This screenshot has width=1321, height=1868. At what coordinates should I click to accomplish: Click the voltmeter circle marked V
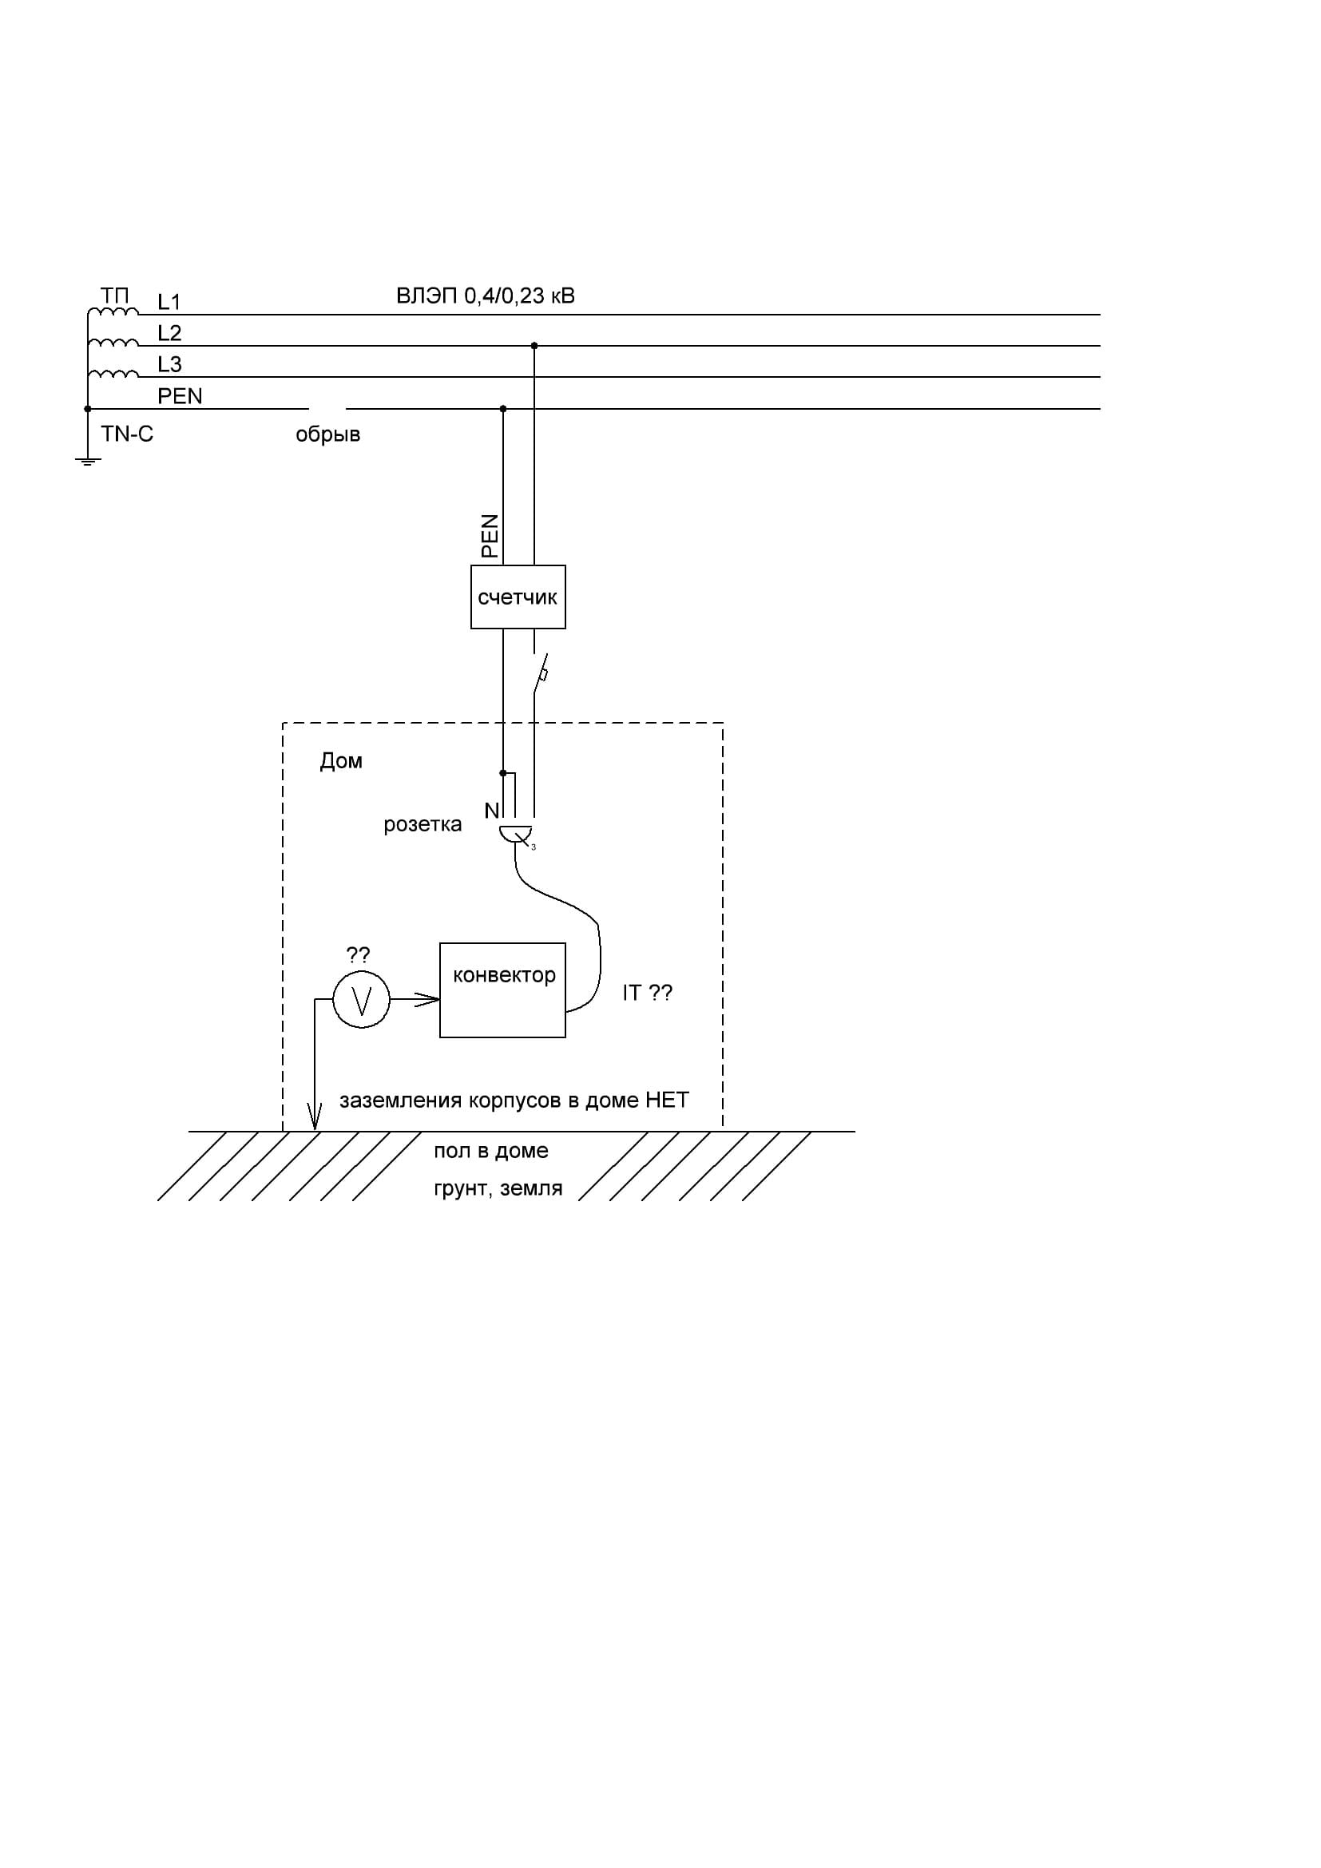point(361,999)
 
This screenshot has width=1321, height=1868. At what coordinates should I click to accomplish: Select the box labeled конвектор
point(502,990)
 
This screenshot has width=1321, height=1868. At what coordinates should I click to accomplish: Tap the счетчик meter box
point(518,597)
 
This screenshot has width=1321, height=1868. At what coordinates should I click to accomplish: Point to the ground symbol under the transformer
point(88,462)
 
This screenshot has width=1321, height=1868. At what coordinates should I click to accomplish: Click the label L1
point(169,302)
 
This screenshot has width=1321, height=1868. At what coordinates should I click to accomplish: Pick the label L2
point(169,333)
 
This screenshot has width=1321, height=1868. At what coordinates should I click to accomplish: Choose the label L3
point(169,363)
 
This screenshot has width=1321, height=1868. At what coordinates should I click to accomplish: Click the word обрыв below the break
point(327,434)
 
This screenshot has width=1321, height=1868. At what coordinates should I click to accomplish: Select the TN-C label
point(127,434)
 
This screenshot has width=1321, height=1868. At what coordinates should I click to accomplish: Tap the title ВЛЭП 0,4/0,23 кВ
point(486,295)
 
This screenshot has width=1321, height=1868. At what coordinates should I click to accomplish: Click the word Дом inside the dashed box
point(341,761)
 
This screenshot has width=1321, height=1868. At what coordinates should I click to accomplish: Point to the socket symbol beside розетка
point(516,834)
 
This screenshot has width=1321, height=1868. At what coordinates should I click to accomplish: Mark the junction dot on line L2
point(534,346)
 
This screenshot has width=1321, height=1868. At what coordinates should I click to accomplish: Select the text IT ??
point(648,993)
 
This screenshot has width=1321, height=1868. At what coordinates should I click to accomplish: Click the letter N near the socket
point(491,811)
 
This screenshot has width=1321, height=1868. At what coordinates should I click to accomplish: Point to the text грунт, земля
point(498,1188)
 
